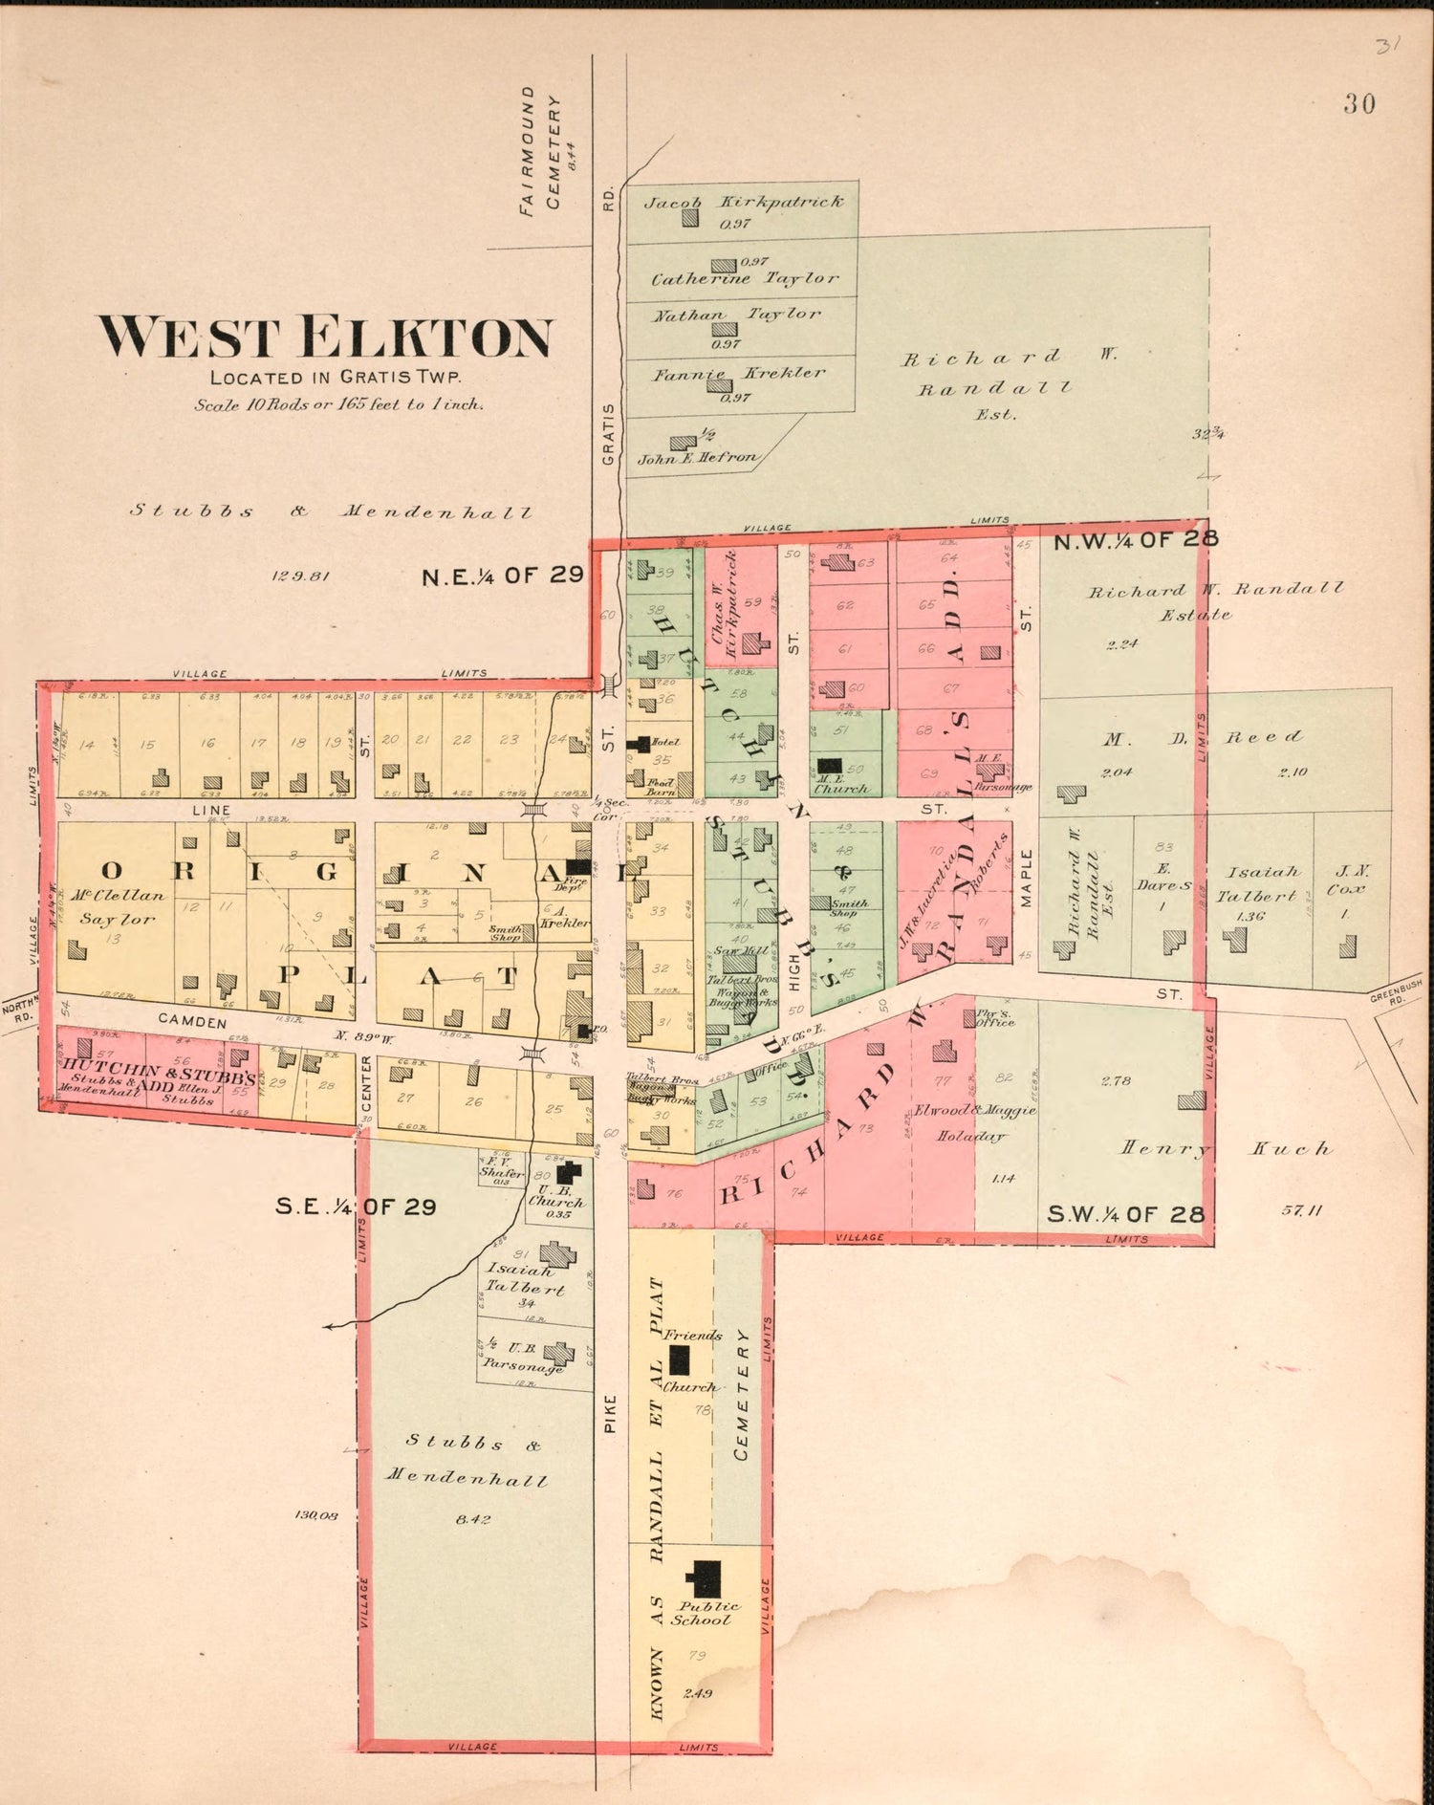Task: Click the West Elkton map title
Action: click(x=325, y=337)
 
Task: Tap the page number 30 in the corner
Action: click(x=1358, y=103)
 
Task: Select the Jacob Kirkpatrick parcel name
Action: click(x=743, y=202)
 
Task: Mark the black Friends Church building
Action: click(x=680, y=1359)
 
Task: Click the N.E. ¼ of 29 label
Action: click(x=503, y=575)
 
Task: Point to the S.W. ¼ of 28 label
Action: click(x=1125, y=1214)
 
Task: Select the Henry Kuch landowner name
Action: click(x=1226, y=1148)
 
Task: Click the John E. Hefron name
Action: click(x=697, y=458)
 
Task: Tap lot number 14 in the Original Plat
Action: click(x=87, y=744)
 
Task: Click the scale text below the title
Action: click(x=338, y=404)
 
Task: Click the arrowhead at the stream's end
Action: click(x=328, y=1326)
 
